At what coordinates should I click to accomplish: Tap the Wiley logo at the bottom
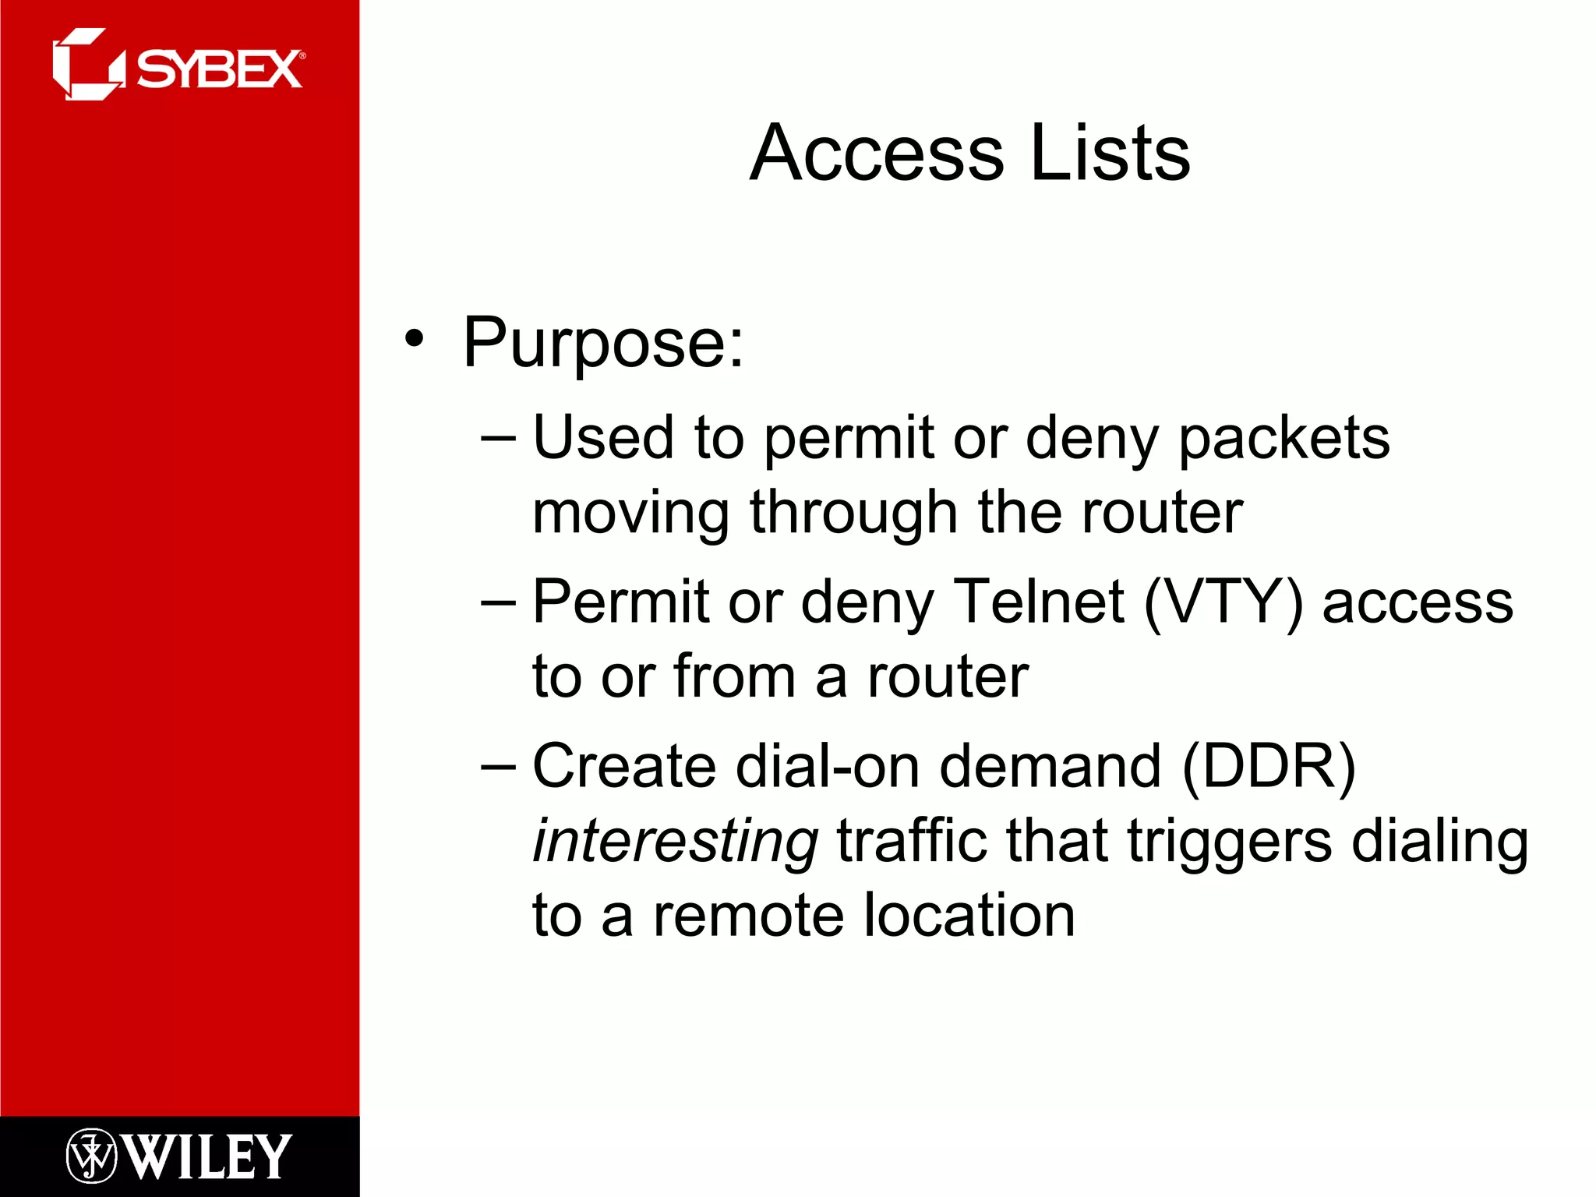179,1156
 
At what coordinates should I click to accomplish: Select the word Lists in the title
1110,154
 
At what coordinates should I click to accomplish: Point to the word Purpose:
603,344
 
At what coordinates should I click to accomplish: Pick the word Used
602,437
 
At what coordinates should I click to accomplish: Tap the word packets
1284,439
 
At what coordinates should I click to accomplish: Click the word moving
630,514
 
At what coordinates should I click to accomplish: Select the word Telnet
1039,602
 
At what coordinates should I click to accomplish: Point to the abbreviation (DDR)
1269,767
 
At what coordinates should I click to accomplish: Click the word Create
623,766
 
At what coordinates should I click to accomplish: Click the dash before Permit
498,602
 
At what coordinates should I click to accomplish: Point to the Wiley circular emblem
91,1156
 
